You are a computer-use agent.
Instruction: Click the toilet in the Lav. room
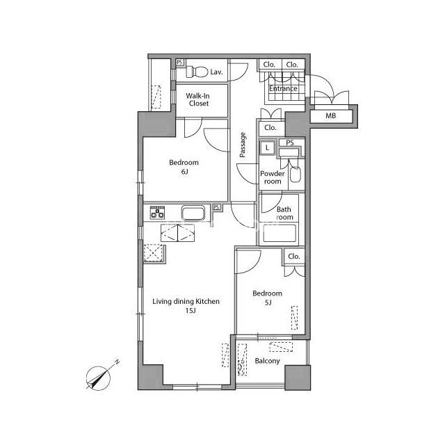click(x=197, y=72)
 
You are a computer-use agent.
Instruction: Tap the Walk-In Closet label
click(x=197, y=99)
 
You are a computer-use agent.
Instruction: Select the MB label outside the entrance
click(x=331, y=115)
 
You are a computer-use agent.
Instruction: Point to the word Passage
click(x=243, y=145)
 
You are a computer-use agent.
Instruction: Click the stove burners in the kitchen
click(x=157, y=212)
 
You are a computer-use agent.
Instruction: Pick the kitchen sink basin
click(x=193, y=213)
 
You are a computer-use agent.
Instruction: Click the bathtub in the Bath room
click(x=280, y=233)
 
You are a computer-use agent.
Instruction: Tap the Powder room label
click(x=272, y=177)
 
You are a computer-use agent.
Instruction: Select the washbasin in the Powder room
click(x=295, y=175)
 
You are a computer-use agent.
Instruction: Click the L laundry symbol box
click(x=267, y=147)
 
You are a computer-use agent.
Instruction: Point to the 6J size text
click(x=184, y=172)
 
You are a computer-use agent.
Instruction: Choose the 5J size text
click(x=268, y=302)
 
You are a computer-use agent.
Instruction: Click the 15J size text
click(x=191, y=311)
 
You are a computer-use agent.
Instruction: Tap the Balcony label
click(x=267, y=361)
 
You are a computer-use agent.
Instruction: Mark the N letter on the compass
click(x=117, y=362)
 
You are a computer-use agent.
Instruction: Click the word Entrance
click(x=283, y=88)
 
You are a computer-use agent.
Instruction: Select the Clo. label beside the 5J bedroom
click(x=293, y=257)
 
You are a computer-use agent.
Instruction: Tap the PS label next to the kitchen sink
click(x=217, y=207)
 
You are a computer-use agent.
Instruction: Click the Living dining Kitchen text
click(x=186, y=301)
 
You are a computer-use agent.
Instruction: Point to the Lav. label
click(x=216, y=72)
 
